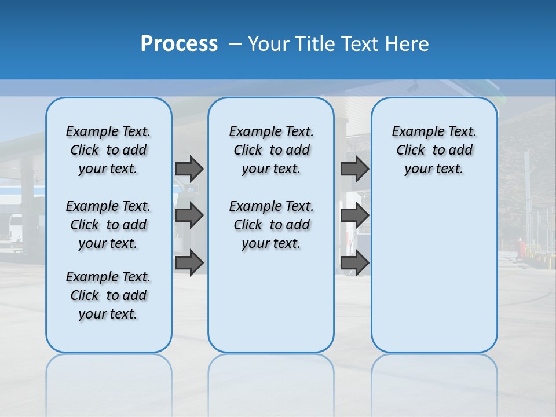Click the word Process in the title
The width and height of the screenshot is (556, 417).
pos(179,43)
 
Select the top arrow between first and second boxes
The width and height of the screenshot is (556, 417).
pos(189,169)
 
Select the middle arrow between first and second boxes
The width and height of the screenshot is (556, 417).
pos(189,215)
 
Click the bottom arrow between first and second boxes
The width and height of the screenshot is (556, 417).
pos(189,262)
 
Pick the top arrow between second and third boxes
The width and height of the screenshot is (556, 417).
pos(354,169)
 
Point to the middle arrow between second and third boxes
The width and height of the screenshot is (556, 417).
pos(354,215)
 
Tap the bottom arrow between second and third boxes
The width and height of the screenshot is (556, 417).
pos(354,262)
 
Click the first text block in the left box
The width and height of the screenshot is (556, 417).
pos(108,150)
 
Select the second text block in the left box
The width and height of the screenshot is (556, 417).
pos(108,225)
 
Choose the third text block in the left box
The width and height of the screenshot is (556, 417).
pos(108,295)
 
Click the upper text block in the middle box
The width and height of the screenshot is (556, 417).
pos(271,150)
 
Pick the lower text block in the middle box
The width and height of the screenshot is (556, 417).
pos(271,225)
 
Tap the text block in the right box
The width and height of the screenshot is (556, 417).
pos(434,150)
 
